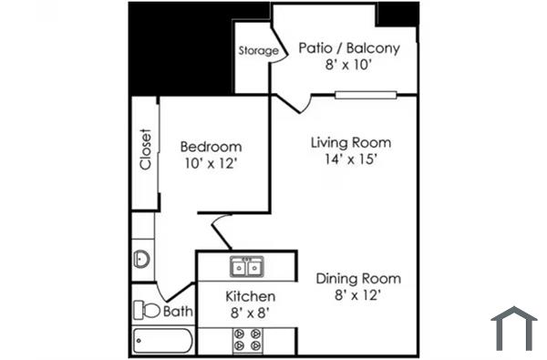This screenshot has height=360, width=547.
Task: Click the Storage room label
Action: [x=258, y=51]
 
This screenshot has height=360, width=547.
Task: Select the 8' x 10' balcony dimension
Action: [x=349, y=66]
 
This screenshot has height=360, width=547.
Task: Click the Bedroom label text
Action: [x=211, y=147]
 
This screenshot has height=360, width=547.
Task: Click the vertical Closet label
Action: [x=144, y=149]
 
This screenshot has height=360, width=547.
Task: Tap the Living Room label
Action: [x=351, y=143]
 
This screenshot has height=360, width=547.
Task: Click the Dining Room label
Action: [x=358, y=278]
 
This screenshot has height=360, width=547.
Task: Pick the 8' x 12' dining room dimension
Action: [x=358, y=294]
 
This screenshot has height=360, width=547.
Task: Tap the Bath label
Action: [x=179, y=312]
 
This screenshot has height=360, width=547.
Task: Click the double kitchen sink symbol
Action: [x=247, y=267]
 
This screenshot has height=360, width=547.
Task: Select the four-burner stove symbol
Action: [x=247, y=340]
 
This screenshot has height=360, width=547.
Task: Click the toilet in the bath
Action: [x=146, y=311]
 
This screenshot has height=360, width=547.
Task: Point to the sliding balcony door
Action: [x=365, y=94]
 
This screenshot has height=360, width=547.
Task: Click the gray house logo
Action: [x=513, y=328]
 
